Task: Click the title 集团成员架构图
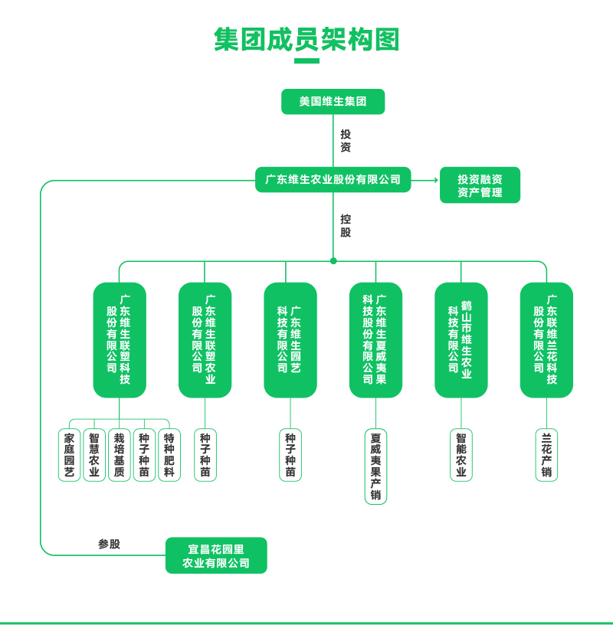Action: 306,39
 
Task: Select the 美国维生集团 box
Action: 333,101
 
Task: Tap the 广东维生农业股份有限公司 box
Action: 333,179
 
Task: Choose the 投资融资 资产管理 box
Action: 480,185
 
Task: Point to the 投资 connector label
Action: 346,140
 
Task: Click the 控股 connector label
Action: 346,225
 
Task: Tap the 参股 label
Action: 109,544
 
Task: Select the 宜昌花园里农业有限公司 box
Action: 216,555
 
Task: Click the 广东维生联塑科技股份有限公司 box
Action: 120,339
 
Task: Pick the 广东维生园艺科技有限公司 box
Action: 290,339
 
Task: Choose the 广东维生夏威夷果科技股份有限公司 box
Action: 375,339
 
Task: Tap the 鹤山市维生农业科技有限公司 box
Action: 461,339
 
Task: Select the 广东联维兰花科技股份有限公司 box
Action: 546,339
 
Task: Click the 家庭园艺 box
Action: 69,455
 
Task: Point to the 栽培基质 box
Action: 119,455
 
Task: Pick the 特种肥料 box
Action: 169,455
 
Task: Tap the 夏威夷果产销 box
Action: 375,466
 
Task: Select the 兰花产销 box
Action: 546,455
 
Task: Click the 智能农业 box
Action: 461,455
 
